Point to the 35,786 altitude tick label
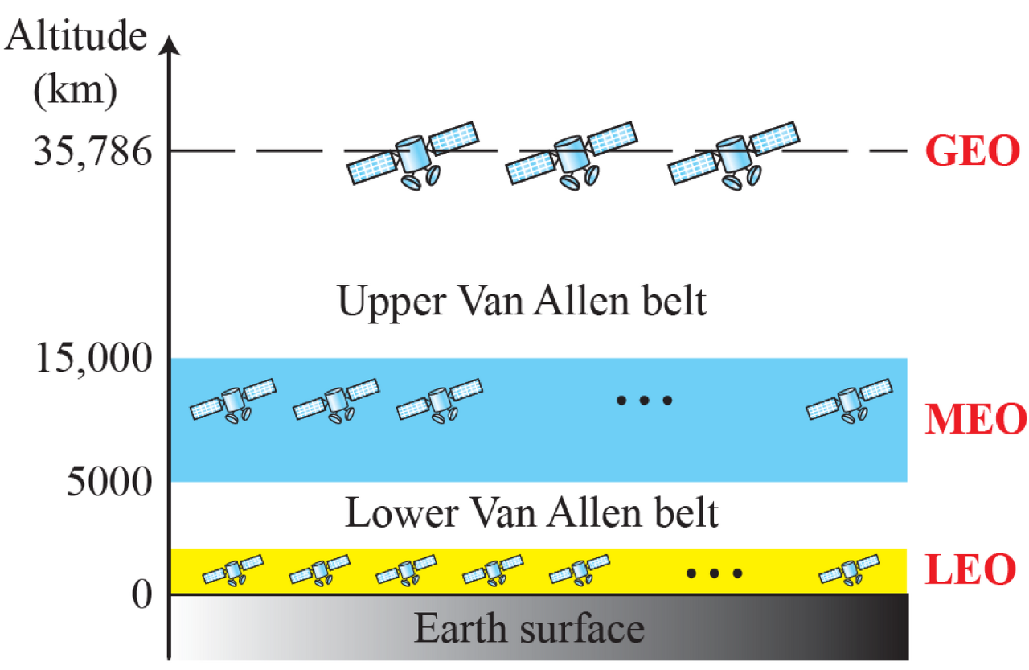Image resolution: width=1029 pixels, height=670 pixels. pos(92,151)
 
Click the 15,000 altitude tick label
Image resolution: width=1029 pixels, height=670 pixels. pos(92,359)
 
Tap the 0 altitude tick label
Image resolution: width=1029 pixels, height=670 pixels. pos(141,595)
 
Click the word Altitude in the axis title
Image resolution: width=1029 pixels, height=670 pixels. pos(76,36)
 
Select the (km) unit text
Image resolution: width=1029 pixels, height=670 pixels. pos(76,92)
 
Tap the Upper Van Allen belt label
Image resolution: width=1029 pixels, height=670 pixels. pos(522,303)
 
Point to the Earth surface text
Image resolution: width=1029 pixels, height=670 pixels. pos(529,629)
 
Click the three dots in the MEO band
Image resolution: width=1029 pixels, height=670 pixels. pos(643,399)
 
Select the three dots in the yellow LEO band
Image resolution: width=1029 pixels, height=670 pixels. pos(714,573)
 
